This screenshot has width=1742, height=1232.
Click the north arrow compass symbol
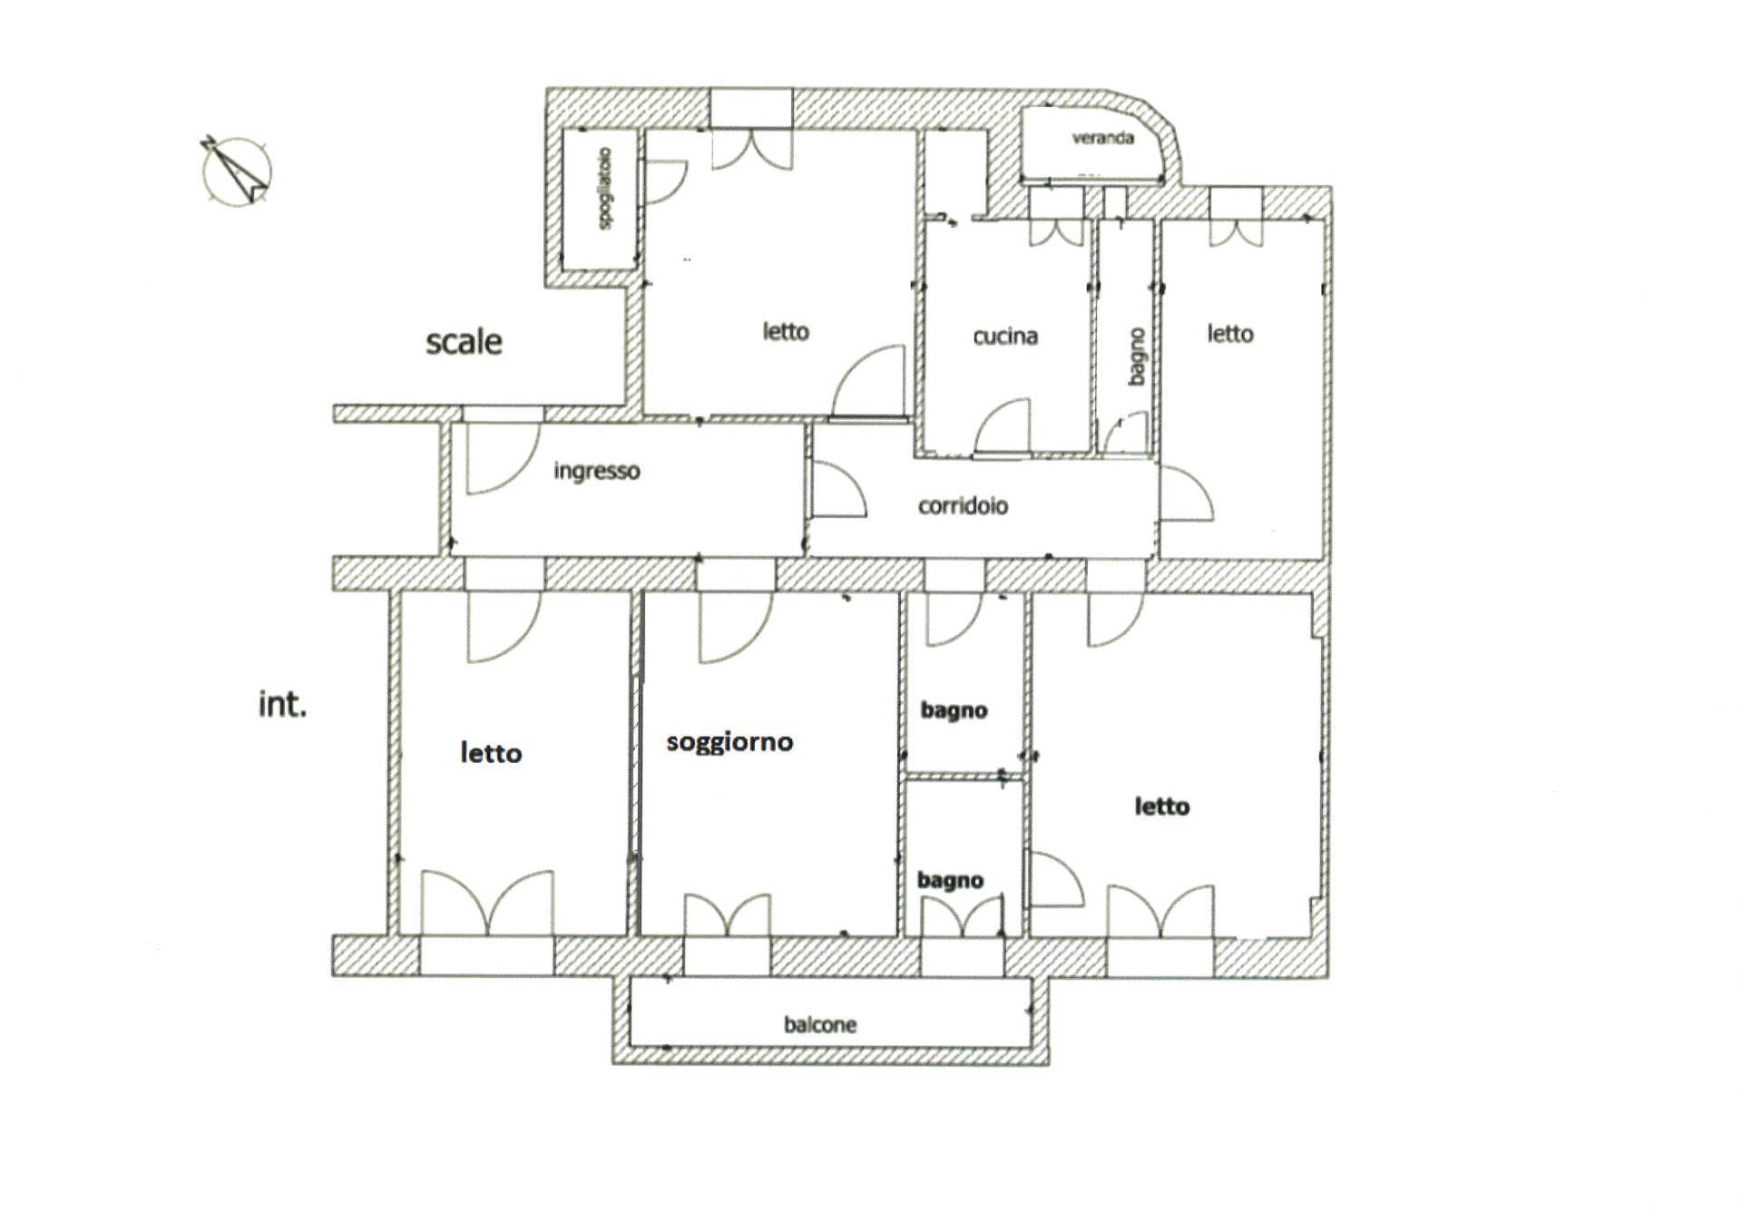click(x=236, y=171)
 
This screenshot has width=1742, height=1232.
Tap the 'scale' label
click(x=464, y=342)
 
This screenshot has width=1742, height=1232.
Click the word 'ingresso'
click(x=597, y=471)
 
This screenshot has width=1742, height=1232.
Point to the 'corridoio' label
click(x=963, y=505)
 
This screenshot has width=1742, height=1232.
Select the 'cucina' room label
click(x=1005, y=337)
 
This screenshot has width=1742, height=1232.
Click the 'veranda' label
click(x=1102, y=138)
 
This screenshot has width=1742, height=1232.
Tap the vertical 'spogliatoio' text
click(x=605, y=189)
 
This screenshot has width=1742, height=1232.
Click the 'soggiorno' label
click(x=729, y=743)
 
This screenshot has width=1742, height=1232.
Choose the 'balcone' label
click(x=820, y=1024)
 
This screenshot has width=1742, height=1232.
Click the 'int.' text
click(x=283, y=704)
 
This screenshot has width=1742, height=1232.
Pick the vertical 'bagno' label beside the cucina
click(x=1136, y=357)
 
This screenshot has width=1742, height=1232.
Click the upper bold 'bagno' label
click(x=954, y=710)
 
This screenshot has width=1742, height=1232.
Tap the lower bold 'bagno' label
click(x=950, y=880)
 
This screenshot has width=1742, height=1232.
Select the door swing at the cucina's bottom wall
click(x=1003, y=425)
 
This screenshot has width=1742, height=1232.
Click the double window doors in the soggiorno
click(x=728, y=914)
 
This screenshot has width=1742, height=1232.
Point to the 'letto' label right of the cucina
click(x=1230, y=334)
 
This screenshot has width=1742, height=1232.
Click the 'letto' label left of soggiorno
click(x=491, y=753)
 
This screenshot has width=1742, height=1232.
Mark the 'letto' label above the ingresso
click(x=786, y=332)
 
